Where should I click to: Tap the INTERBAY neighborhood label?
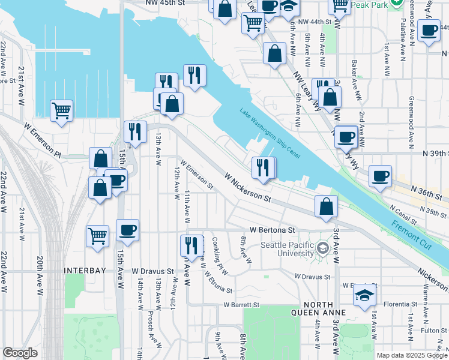point(85,271)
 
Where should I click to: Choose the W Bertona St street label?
point(273,230)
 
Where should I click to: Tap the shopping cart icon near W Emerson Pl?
point(61,110)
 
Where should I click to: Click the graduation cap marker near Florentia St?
point(364,295)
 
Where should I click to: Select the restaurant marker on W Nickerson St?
point(263,167)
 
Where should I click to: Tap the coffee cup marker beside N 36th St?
point(380,176)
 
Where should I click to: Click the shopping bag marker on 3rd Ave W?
point(326,206)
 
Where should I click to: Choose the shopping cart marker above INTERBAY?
point(98,235)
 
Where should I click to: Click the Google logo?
point(20,353)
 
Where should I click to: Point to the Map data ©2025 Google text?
point(411,355)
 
